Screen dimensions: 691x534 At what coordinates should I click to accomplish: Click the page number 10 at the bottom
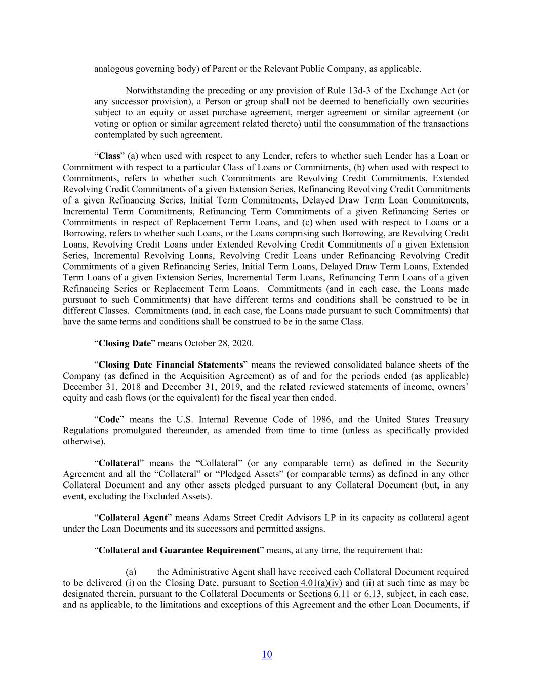coord(267,654)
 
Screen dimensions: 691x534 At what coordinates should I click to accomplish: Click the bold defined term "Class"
coord(109,156)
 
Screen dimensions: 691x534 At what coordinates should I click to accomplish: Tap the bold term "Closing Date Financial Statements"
coord(171,364)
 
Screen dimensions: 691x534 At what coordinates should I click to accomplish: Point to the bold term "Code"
coord(109,419)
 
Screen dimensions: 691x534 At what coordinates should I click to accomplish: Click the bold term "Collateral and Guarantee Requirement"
coord(179,550)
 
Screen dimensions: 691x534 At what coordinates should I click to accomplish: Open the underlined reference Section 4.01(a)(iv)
coord(306,583)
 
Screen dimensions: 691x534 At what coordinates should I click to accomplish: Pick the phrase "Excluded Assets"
coord(180,496)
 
